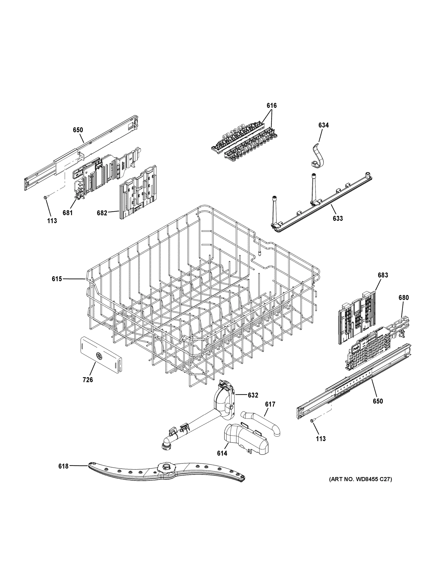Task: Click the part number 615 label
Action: (57, 279)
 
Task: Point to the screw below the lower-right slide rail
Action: (312, 420)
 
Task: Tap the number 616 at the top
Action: (271, 105)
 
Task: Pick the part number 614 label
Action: (222, 453)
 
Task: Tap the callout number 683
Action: (383, 275)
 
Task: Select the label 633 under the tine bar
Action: (338, 218)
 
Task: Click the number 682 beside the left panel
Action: (102, 213)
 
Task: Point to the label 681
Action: (68, 213)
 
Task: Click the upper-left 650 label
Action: (78, 130)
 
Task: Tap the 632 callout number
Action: (253, 395)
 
